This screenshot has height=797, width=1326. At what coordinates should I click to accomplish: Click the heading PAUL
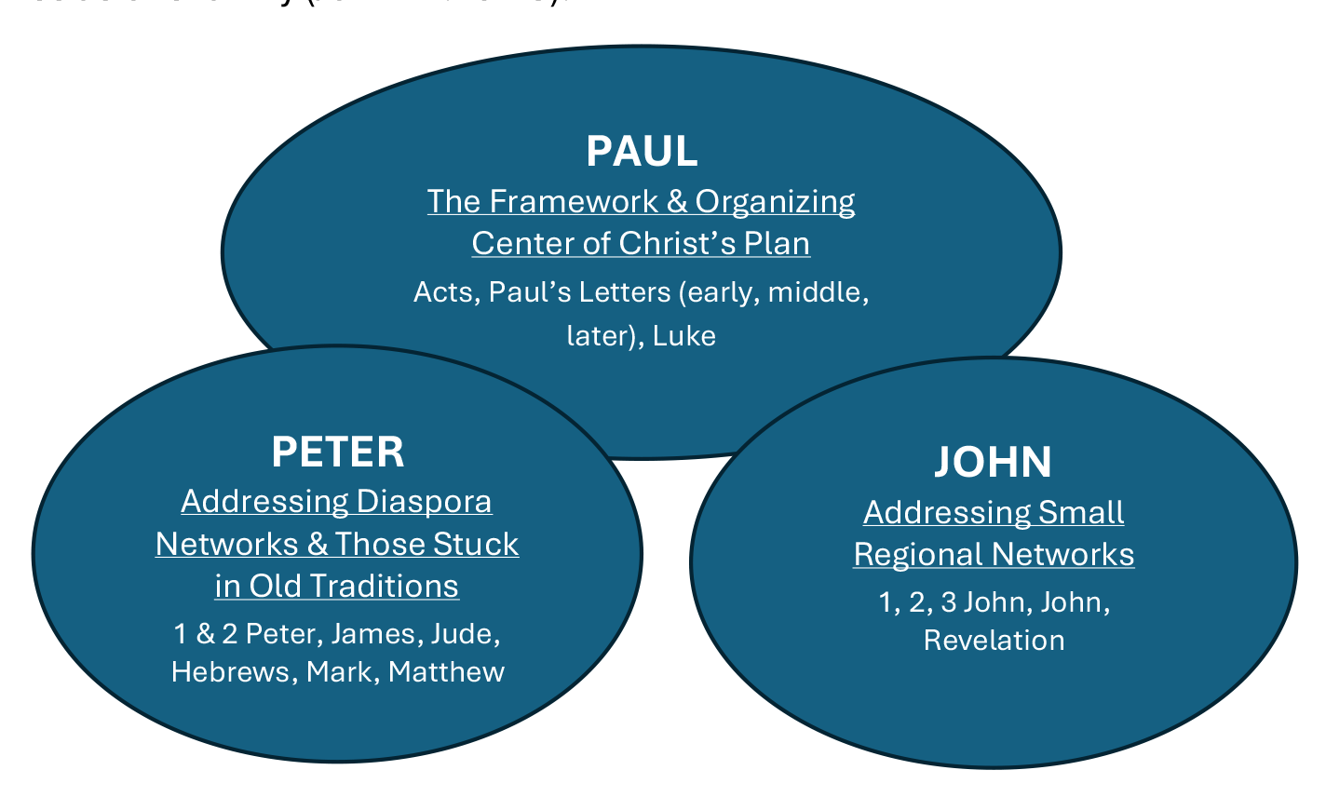tap(642, 151)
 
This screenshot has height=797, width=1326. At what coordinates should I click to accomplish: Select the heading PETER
tap(338, 452)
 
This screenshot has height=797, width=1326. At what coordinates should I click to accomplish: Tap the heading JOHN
tap(994, 462)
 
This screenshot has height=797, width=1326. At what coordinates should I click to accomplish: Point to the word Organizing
tap(775, 201)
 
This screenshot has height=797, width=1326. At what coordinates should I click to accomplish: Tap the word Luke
tap(684, 335)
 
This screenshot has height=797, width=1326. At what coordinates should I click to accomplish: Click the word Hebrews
tap(231, 671)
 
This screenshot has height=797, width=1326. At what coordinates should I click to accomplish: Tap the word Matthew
tap(447, 671)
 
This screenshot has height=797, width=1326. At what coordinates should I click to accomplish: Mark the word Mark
tap(340, 671)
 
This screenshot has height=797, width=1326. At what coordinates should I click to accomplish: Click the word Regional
tap(918, 554)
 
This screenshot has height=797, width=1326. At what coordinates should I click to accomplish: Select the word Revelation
tap(994, 641)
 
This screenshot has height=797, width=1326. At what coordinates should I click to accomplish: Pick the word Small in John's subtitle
tap(1081, 512)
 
